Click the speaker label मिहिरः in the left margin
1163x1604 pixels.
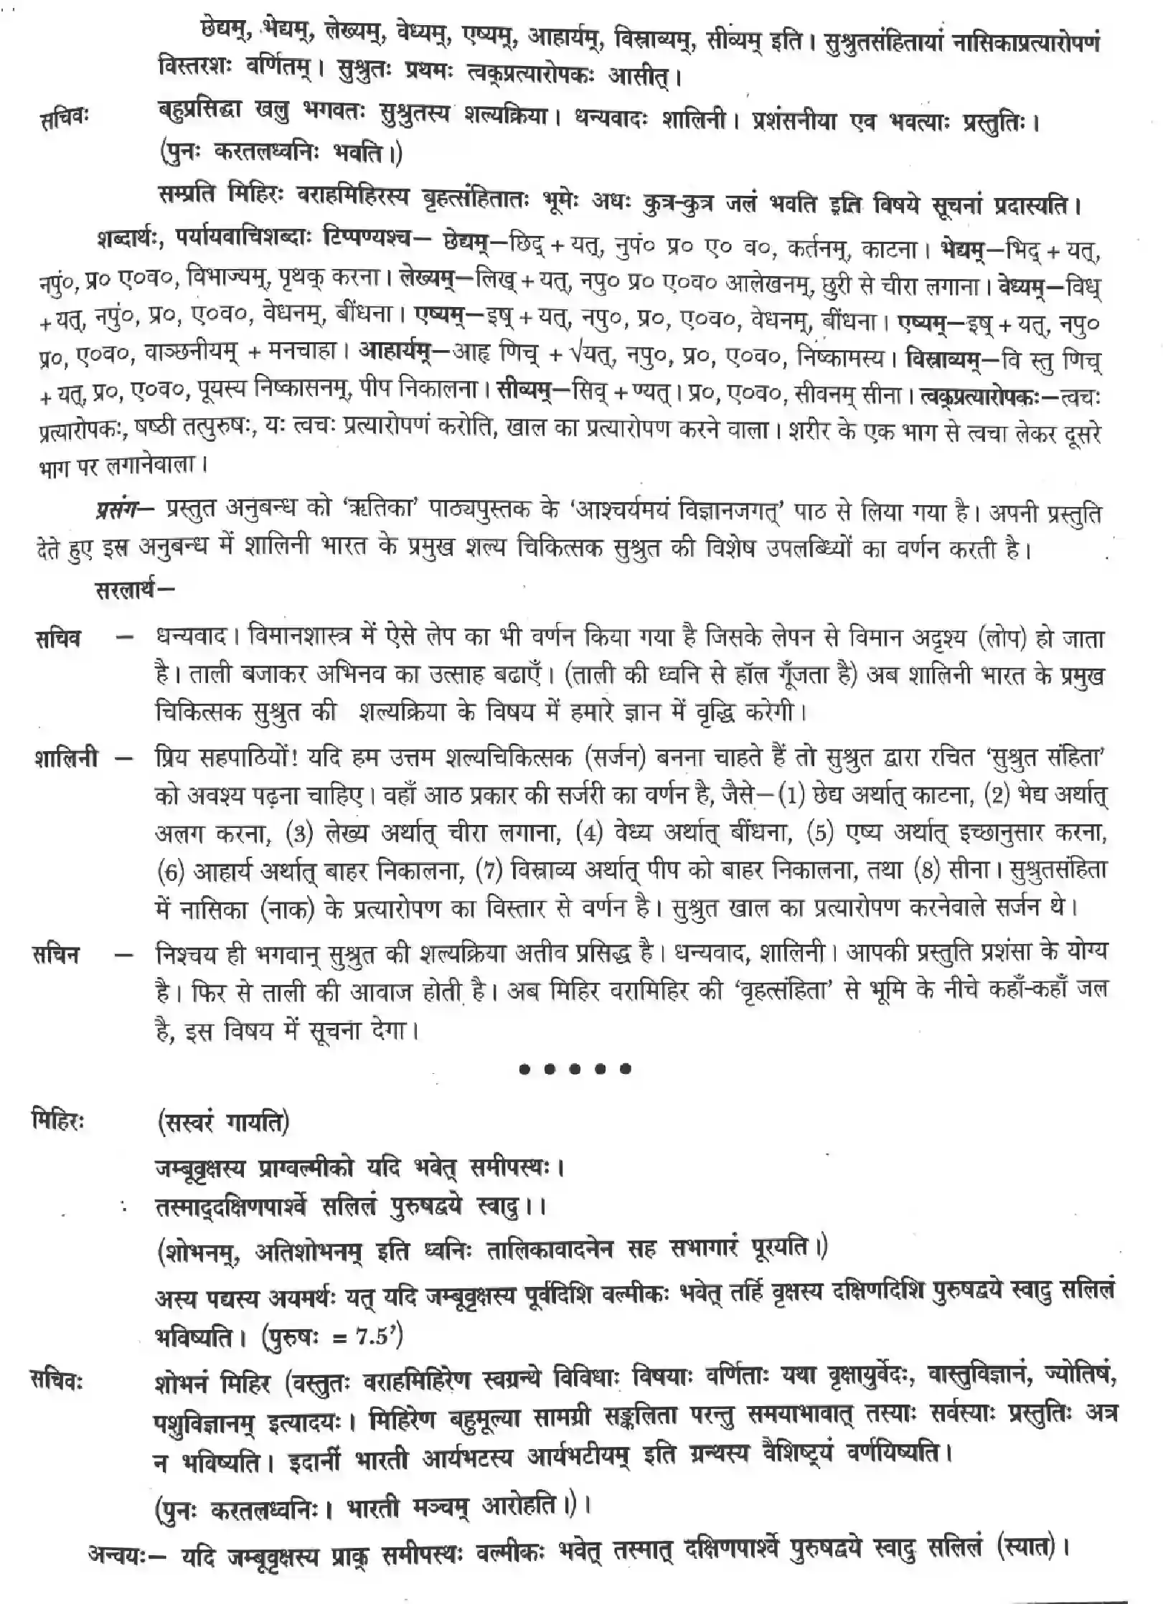pyautogui.click(x=58, y=1121)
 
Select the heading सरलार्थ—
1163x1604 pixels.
pyautogui.click(x=133, y=592)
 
